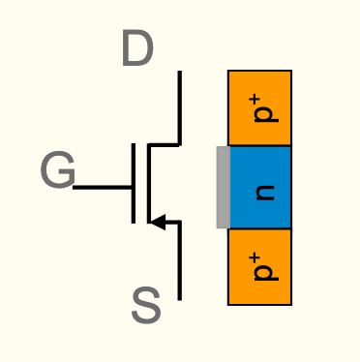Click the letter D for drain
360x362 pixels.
pyautogui.click(x=137, y=50)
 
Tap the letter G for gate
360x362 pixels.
pyautogui.click(x=57, y=172)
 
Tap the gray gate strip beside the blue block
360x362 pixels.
pyautogui.click(x=223, y=187)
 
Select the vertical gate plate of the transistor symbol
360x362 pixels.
pyautogui.click(x=134, y=184)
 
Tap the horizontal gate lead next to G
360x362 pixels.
pyautogui.click(x=103, y=187)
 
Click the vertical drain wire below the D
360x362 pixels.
pyautogui.click(x=180, y=106)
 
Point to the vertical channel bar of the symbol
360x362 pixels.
pyautogui.click(x=149, y=184)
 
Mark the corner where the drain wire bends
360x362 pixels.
pyautogui.click(x=180, y=145)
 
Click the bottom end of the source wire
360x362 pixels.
pyautogui.click(x=180, y=296)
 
